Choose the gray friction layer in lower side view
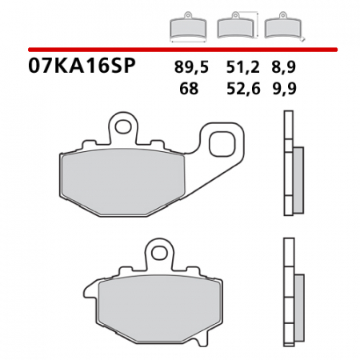click(x=298, y=295)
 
